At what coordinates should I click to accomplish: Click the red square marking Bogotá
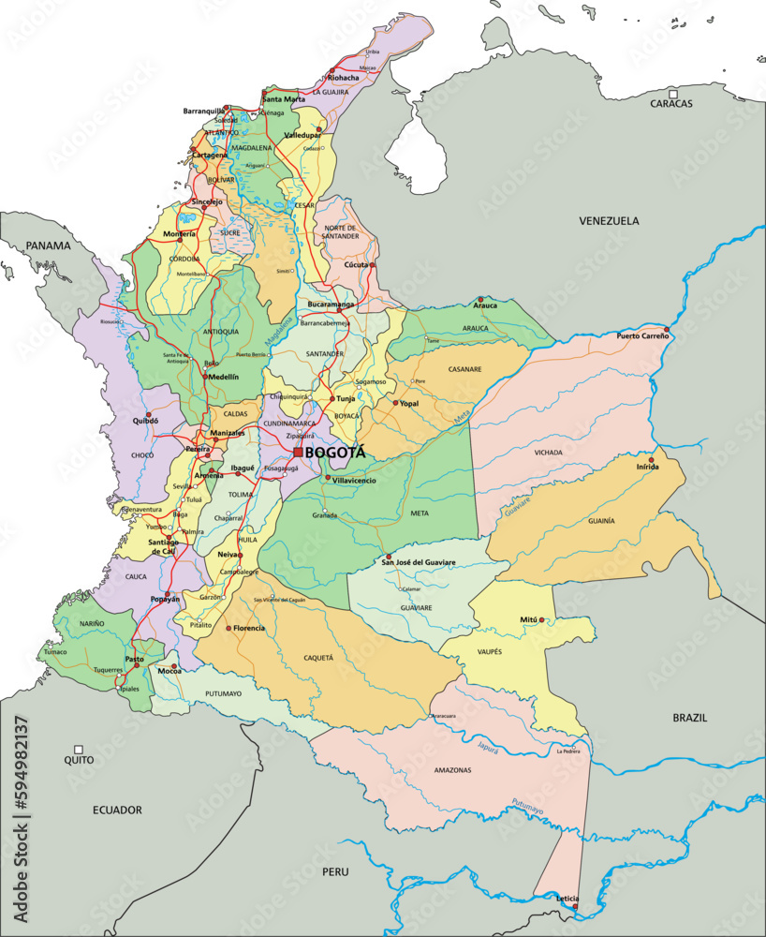(x=298, y=453)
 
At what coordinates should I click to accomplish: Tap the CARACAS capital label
(x=671, y=104)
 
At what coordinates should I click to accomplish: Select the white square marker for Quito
(x=79, y=750)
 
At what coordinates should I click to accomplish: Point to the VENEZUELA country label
(x=608, y=221)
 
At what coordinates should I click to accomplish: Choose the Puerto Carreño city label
(x=642, y=335)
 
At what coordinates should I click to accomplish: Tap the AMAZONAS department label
(x=452, y=770)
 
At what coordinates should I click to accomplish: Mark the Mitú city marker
(x=541, y=620)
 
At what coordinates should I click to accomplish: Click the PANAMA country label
(x=48, y=245)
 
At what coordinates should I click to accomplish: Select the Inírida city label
(x=647, y=467)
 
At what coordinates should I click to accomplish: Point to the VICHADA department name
(x=549, y=453)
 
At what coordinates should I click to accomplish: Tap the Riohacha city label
(x=343, y=78)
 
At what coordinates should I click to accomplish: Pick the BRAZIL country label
(x=689, y=718)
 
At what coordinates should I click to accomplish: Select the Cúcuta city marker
(x=372, y=265)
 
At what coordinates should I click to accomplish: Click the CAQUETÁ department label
(x=318, y=658)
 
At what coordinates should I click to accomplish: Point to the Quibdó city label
(x=145, y=421)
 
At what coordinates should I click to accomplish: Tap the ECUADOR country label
(x=117, y=810)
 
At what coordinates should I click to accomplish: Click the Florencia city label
(x=249, y=628)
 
